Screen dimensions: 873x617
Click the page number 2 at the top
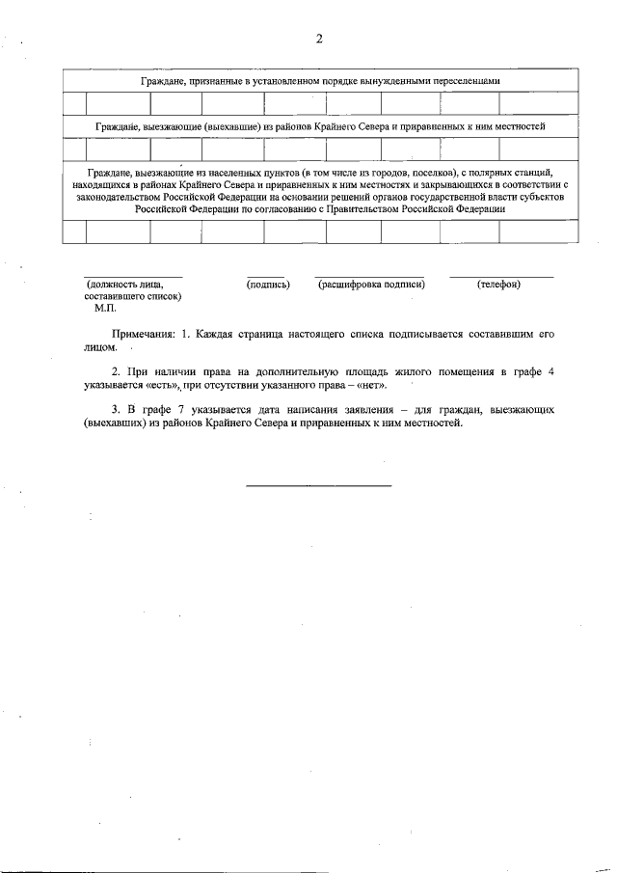click(x=319, y=39)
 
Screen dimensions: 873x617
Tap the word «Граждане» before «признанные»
click(x=163, y=82)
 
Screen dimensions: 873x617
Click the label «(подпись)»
click(x=268, y=284)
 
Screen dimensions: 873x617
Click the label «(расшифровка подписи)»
click(x=371, y=284)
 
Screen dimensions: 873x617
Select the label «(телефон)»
click(x=498, y=284)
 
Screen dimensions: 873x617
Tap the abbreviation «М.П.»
click(x=105, y=309)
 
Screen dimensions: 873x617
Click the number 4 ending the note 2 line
click(x=550, y=371)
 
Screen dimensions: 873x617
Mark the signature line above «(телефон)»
click(x=501, y=277)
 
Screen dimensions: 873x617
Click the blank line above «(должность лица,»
click(x=132, y=277)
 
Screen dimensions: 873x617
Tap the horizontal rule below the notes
click(x=318, y=484)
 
